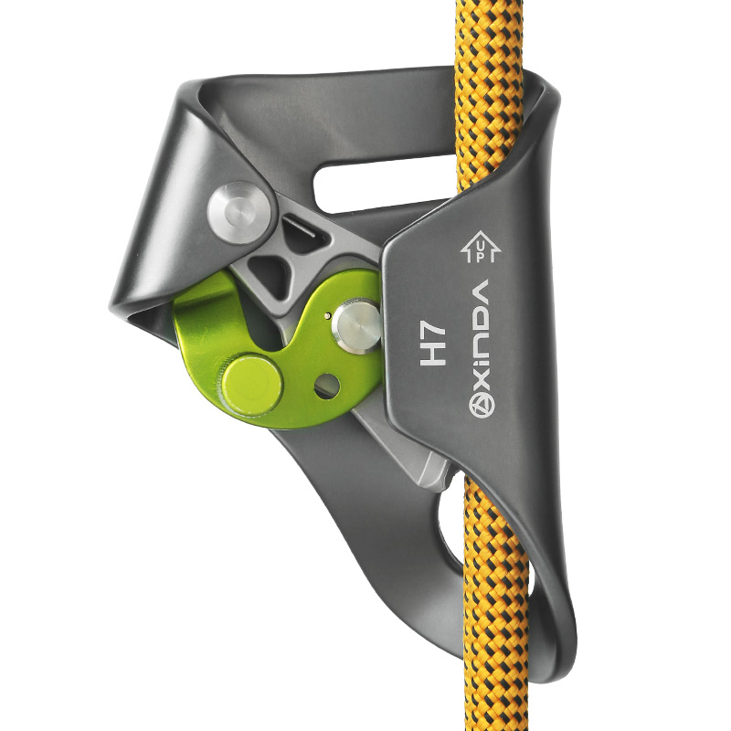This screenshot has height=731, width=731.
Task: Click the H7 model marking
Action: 433,345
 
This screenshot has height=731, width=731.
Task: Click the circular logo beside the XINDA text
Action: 482,404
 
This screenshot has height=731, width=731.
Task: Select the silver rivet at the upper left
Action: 238,212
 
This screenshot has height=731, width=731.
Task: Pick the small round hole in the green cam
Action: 327,387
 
